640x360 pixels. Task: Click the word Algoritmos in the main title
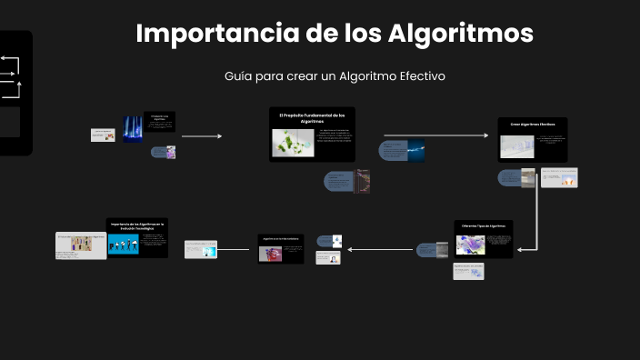461,34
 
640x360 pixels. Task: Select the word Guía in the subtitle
237,75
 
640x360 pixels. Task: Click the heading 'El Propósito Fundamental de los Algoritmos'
312,117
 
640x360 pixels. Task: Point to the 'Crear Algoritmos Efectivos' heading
532,124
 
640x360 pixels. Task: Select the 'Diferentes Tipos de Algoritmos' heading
483,225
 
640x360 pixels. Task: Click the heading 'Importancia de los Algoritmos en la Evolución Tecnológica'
135,224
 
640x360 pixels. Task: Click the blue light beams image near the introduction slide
133,129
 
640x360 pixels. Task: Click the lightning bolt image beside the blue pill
416,151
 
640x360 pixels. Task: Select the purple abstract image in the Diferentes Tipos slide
471,245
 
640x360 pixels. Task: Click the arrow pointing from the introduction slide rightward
201,136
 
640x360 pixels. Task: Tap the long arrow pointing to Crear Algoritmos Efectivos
435,135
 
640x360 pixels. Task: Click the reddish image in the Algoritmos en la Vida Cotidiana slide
270,255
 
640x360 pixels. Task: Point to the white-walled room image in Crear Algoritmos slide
516,147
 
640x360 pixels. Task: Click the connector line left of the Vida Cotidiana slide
236,248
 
